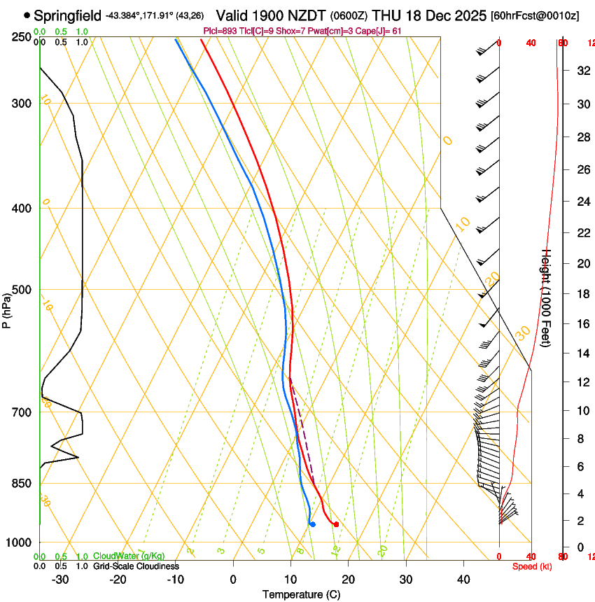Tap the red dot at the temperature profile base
point(337,524)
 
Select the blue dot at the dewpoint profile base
point(312,524)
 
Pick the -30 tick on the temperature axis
point(60,580)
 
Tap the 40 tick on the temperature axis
point(463,580)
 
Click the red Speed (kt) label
point(530,566)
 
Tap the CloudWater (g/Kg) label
point(129,556)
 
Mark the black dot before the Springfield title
point(27,15)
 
